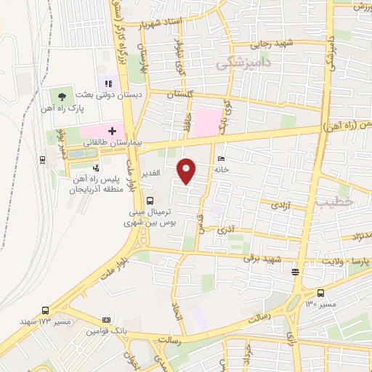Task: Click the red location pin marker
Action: (x=187, y=170)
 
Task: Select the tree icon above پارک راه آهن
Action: (x=61, y=96)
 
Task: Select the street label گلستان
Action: (x=182, y=94)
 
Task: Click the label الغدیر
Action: (x=150, y=172)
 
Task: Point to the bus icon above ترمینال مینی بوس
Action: (x=150, y=200)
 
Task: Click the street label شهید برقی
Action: (x=260, y=258)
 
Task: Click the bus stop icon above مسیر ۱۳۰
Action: (x=296, y=273)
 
